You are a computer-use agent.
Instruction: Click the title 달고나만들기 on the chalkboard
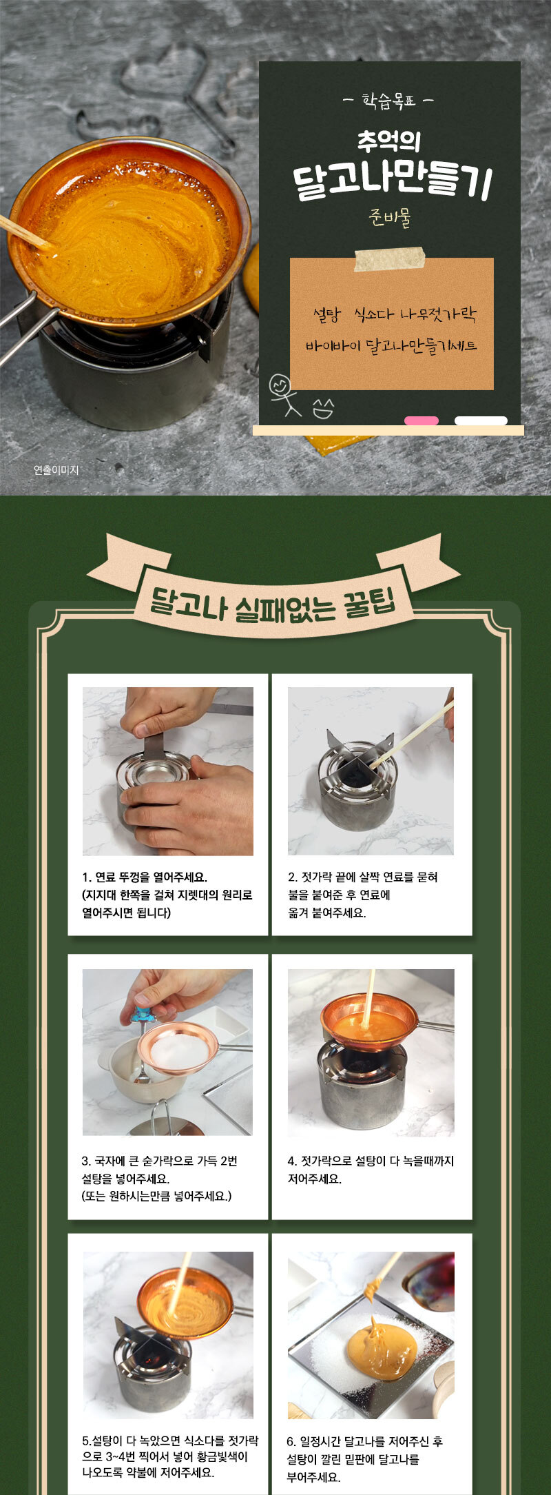(391, 181)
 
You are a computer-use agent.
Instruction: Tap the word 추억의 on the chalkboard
(389, 141)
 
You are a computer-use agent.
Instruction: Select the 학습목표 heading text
(389, 101)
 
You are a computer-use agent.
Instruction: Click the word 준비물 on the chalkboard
(390, 218)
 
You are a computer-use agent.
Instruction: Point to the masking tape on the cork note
(390, 258)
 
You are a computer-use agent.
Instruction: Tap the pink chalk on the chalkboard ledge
(422, 420)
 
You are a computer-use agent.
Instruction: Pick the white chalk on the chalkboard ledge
(481, 420)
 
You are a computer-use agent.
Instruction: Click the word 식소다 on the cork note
(373, 316)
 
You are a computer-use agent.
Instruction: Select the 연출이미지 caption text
(56, 470)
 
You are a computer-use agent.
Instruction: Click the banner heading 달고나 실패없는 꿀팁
(273, 601)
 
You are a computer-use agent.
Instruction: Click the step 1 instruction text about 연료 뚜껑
(167, 895)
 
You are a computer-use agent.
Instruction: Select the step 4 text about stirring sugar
(371, 1170)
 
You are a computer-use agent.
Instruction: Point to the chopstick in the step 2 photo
(412, 734)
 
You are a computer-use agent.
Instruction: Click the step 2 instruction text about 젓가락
(362, 895)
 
